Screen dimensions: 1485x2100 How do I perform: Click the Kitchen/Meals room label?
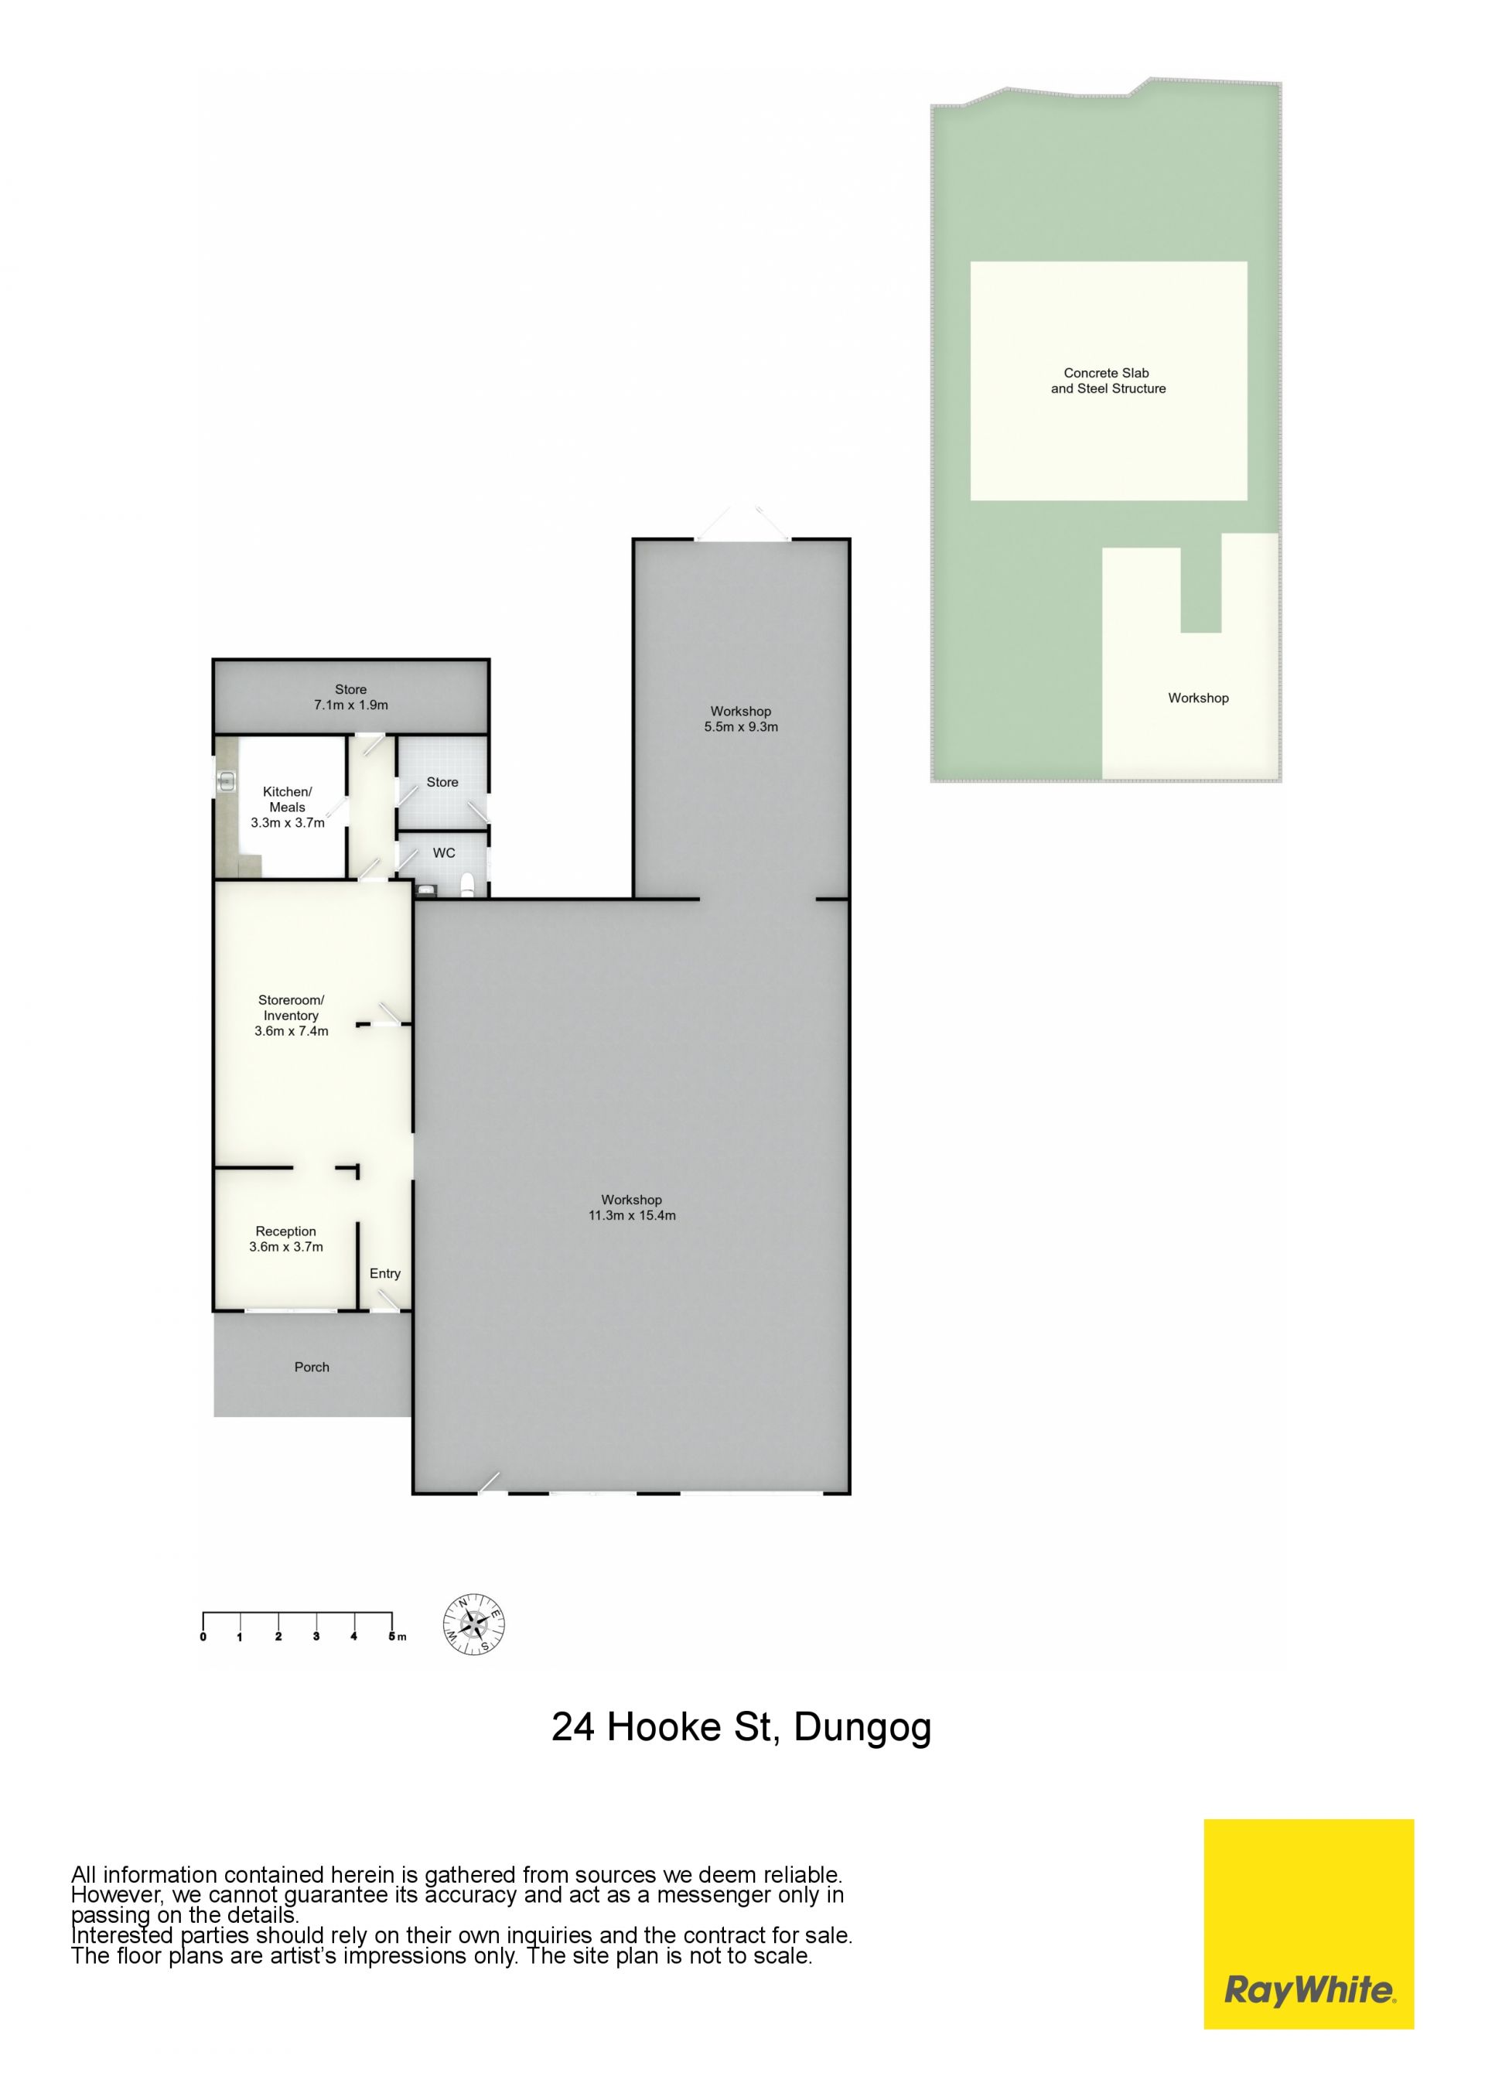287,807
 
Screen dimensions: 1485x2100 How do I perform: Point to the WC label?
443,852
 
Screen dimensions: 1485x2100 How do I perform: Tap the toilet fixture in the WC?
468,883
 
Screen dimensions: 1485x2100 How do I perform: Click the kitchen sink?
227,782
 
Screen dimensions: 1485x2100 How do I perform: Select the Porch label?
312,1367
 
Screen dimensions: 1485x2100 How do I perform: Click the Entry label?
385,1273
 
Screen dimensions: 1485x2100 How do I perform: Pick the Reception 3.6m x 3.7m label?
286,1238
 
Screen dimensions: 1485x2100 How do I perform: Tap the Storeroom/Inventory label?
291,1016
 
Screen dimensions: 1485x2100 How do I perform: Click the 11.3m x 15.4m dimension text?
632,1216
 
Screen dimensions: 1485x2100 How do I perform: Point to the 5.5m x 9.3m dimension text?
741,727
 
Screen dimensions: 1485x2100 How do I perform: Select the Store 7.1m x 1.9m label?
350,697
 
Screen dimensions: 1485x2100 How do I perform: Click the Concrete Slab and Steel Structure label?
1108,381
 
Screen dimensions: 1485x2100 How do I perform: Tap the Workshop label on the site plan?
1198,698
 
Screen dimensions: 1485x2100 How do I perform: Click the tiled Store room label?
442,782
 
